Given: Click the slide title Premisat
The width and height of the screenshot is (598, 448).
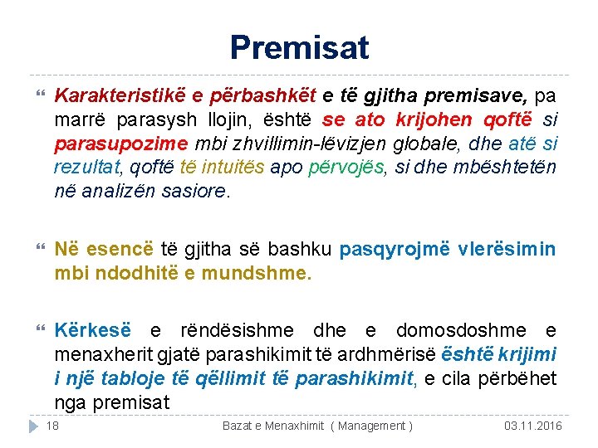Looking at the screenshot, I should (x=299, y=47).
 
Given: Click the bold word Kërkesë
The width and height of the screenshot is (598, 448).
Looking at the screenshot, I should (x=88, y=331).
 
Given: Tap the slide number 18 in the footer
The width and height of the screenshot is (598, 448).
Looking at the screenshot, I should (x=51, y=426).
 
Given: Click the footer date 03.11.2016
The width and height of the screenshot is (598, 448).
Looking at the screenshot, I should (x=532, y=426).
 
